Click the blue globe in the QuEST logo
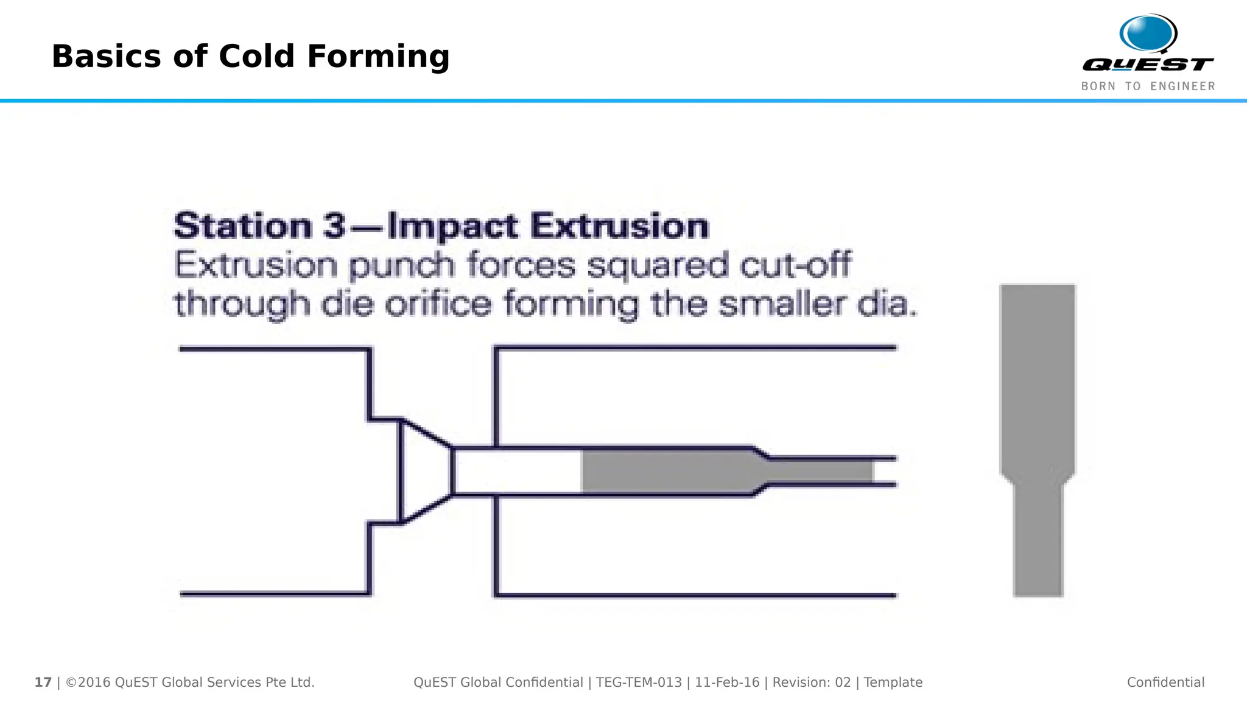click(1147, 34)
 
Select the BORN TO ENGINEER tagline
click(1148, 87)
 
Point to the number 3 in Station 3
click(334, 226)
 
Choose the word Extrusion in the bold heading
click(619, 226)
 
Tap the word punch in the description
click(401, 266)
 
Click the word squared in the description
click(657, 266)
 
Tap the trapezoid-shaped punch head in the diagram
click(425, 471)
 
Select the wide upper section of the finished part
click(1038, 378)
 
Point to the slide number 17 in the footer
click(43, 682)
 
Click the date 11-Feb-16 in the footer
click(727, 682)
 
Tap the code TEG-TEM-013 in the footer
click(639, 682)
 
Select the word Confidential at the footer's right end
click(1165, 682)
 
